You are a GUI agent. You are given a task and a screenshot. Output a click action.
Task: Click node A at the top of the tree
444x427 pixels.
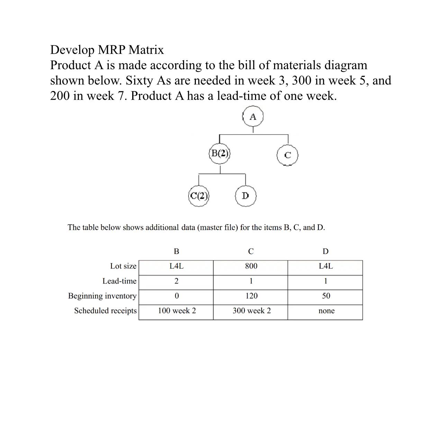pyautogui.click(x=253, y=117)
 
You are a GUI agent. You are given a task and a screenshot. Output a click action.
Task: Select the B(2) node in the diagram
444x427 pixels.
pyautogui.click(x=220, y=153)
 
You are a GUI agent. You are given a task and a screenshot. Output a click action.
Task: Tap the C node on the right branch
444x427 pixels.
pyautogui.click(x=287, y=155)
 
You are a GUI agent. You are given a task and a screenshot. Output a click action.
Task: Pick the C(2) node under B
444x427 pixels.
pyautogui.click(x=199, y=196)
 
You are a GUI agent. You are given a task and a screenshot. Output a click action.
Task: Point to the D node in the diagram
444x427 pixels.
pyautogui.click(x=245, y=196)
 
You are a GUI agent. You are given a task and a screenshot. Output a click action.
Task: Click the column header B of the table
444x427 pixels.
pyautogui.click(x=176, y=251)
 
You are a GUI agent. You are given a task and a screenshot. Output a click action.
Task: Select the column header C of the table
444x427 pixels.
pyautogui.click(x=251, y=251)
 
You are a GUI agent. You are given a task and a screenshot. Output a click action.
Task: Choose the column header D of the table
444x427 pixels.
pyautogui.click(x=325, y=251)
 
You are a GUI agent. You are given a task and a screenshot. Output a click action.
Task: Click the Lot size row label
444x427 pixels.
pyautogui.click(x=123, y=266)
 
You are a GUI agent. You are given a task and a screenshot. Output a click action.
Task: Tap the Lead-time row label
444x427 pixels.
pyautogui.click(x=119, y=281)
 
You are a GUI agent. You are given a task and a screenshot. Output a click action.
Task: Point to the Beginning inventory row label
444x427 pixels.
pyautogui.click(x=102, y=296)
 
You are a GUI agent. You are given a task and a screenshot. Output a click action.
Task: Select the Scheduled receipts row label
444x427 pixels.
pyautogui.click(x=105, y=311)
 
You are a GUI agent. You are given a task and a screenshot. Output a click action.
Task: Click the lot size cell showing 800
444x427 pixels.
pyautogui.click(x=251, y=266)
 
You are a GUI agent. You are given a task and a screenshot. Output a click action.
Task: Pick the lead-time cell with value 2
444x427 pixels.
pyautogui.click(x=176, y=281)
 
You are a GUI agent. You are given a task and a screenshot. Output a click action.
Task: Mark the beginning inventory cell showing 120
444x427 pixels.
pyautogui.click(x=251, y=296)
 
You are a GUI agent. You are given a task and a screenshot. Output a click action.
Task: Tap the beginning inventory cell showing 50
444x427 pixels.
pyautogui.click(x=326, y=296)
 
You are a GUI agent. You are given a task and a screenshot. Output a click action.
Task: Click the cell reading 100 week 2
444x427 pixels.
pyautogui.click(x=176, y=311)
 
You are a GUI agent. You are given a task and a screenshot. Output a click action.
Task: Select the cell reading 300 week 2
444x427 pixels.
pyautogui.click(x=251, y=311)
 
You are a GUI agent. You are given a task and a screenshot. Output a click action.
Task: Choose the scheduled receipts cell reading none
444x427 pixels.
pyautogui.click(x=326, y=311)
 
